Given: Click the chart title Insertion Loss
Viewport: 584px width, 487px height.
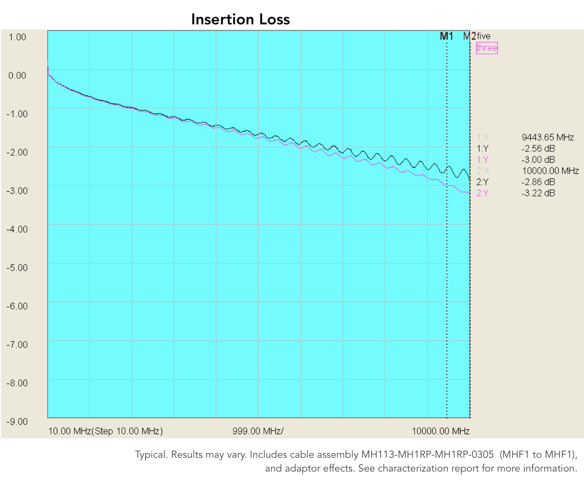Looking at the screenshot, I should coord(240,19).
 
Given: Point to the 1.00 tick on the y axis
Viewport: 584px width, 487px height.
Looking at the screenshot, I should coord(17,37).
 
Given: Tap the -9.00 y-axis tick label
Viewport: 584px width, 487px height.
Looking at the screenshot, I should coord(17,422).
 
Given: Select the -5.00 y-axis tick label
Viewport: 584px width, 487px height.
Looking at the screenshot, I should coord(17,268).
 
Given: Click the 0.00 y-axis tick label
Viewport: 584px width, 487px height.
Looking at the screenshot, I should coord(17,76).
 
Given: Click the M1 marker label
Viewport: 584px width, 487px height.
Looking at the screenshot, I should coord(447,36).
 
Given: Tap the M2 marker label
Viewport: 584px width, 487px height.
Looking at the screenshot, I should coord(469,36).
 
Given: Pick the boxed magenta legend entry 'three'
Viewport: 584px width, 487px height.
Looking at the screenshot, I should coord(487,48).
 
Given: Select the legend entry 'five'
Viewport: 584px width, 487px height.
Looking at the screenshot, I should coord(484,36).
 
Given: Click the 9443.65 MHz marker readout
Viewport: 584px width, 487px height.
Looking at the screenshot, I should coord(548,137).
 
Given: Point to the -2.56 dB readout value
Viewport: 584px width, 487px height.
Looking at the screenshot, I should coord(538,148).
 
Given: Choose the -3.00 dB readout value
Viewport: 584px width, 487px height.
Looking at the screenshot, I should coord(538,160).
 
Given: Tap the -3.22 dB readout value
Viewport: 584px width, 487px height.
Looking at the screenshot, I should coord(538,193).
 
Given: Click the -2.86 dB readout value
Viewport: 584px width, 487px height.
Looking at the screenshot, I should coord(538,182).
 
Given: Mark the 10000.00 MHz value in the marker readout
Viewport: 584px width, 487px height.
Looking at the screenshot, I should coord(550,171).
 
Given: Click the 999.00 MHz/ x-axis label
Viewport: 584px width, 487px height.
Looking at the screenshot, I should coord(258,431).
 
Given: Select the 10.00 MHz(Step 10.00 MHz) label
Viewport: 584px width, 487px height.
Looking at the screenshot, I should coord(106,431).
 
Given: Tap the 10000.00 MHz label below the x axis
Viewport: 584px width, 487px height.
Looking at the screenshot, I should coord(441,431).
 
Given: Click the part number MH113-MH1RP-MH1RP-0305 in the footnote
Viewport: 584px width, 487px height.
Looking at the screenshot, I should coord(427,454).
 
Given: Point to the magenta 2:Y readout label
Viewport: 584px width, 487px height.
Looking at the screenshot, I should coord(482,193).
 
